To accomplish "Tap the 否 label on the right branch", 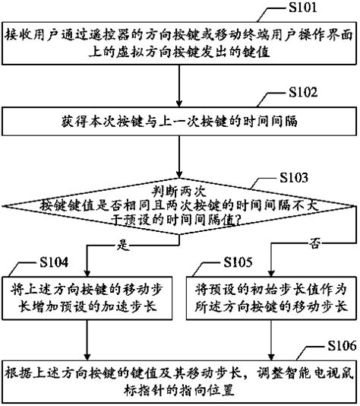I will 314,242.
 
